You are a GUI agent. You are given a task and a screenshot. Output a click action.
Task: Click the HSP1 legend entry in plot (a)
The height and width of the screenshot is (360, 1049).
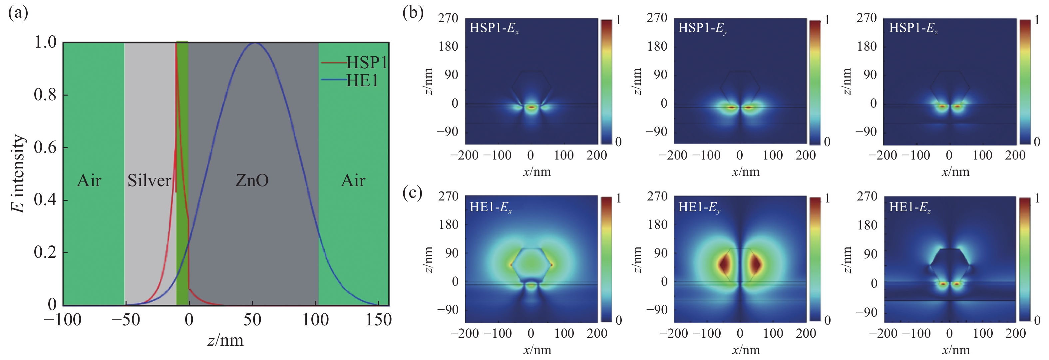click(366, 62)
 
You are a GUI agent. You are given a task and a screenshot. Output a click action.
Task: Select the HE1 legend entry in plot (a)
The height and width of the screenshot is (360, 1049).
click(362, 81)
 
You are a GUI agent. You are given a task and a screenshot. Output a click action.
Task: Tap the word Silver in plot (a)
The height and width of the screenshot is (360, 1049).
click(149, 180)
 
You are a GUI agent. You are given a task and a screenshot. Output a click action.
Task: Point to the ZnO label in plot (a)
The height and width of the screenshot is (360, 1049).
click(252, 180)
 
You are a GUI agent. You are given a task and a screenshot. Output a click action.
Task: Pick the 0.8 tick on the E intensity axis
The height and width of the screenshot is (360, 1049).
click(45, 95)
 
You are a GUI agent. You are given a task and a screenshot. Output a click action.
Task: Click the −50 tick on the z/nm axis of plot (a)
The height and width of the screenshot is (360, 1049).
click(126, 320)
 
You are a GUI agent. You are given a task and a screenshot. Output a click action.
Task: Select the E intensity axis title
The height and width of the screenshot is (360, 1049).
click(18, 174)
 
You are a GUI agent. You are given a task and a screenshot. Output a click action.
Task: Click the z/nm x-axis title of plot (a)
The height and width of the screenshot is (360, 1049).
click(225, 340)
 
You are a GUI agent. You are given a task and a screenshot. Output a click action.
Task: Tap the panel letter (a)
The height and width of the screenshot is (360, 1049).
click(18, 13)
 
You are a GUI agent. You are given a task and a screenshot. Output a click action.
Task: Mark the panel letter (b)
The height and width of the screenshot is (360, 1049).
click(413, 13)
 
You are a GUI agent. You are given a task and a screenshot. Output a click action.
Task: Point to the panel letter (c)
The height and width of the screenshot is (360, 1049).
click(412, 192)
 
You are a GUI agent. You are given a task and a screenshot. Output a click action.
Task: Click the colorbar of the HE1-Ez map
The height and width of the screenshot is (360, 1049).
click(1025, 259)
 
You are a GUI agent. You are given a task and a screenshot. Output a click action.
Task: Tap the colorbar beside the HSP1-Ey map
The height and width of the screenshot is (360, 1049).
click(815, 82)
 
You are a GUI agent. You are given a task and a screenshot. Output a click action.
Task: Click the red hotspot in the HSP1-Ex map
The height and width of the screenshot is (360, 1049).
click(531, 108)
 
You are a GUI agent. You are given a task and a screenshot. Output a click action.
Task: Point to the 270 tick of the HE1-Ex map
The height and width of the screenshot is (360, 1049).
click(448, 196)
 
